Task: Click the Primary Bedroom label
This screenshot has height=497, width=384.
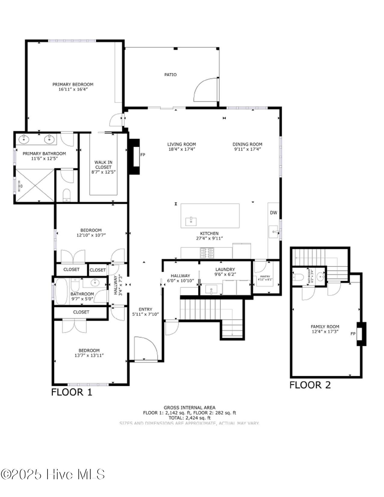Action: point(73,85)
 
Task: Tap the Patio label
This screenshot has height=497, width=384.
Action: point(170,75)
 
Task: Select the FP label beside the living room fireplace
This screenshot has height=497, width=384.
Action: point(143,155)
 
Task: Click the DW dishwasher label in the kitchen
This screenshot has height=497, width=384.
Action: point(273,213)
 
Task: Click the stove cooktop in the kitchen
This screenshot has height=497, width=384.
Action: point(207,253)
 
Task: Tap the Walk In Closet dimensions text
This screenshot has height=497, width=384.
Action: point(104,172)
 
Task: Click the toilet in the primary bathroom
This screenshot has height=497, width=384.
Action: point(67,195)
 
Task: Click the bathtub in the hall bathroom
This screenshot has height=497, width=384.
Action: point(61,291)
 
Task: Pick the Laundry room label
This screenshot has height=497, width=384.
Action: point(225,270)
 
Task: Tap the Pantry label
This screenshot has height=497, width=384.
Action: point(265,277)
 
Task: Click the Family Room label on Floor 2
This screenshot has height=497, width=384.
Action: point(325,327)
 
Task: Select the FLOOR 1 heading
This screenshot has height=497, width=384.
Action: point(72,392)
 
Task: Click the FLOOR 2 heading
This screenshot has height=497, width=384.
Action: point(310,385)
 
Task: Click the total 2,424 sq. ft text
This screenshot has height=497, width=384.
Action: point(189,418)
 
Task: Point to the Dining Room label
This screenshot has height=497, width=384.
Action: point(247,144)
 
